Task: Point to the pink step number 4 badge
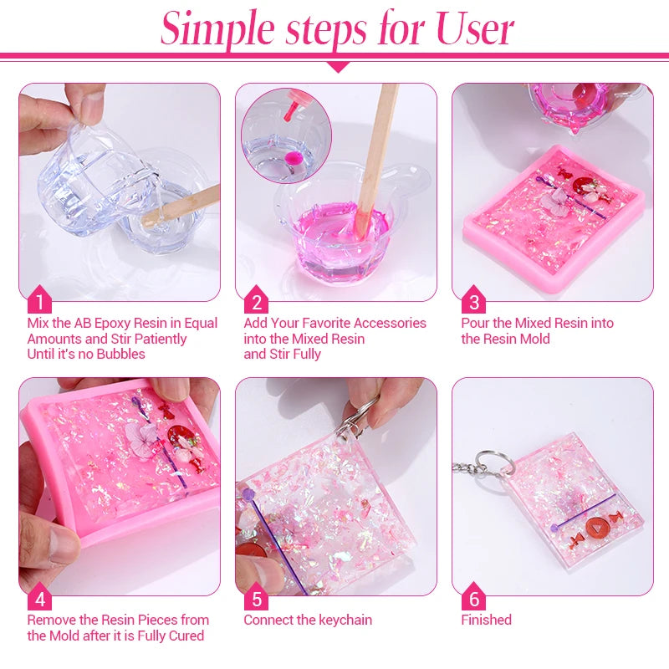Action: pyautogui.click(x=39, y=597)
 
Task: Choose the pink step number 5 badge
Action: pyautogui.click(x=257, y=597)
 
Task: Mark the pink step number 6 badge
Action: pyautogui.click(x=474, y=597)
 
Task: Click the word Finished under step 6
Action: pyautogui.click(x=486, y=620)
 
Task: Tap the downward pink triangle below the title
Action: pyautogui.click(x=337, y=65)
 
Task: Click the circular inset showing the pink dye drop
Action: pyautogui.click(x=286, y=135)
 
